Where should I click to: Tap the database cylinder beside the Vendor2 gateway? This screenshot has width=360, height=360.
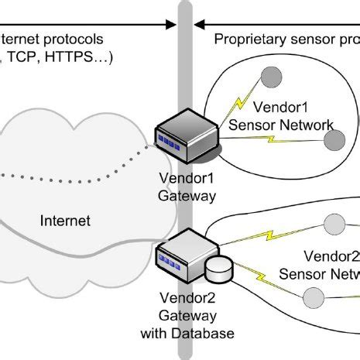(219, 269)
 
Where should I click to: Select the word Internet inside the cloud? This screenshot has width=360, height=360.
(65, 221)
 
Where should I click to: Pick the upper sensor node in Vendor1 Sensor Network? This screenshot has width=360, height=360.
(272, 77)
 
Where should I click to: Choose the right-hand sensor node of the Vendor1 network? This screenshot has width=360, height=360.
(334, 140)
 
